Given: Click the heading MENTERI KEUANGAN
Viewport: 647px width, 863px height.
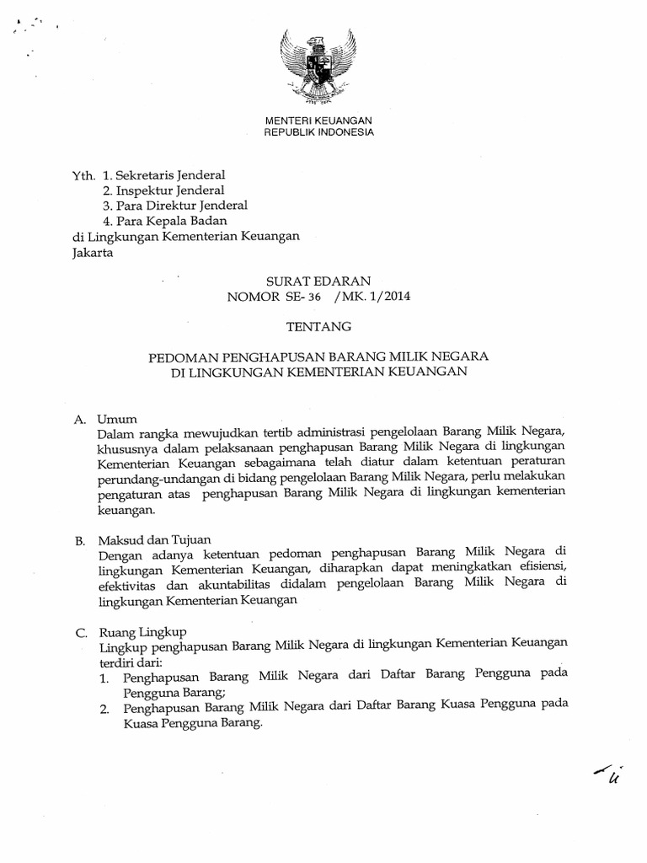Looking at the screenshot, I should [318, 121].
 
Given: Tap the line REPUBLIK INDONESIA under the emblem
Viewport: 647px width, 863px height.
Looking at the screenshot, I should [318, 133].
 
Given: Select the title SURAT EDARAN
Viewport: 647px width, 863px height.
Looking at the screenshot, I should [318, 280].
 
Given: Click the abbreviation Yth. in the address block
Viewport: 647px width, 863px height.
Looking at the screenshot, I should [83, 176].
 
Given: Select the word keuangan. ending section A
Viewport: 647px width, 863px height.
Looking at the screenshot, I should [127, 510].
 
